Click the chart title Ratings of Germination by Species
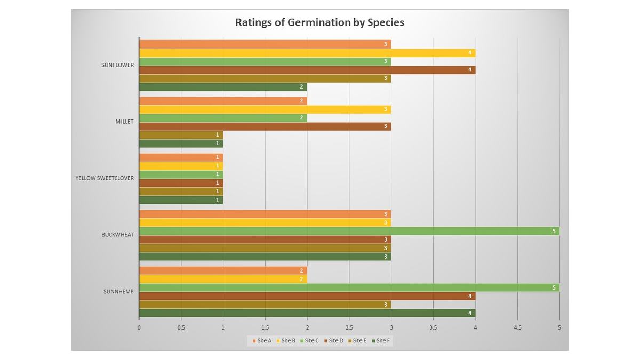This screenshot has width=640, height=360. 319,22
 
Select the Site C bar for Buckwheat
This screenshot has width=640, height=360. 349,231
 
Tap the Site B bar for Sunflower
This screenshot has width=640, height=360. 307,53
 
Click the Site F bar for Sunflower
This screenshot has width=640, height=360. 223,87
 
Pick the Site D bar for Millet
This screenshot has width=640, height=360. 265,126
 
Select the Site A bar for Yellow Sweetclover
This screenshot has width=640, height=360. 181,157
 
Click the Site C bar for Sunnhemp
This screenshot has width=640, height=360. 349,287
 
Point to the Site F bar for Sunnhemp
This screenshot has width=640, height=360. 307,313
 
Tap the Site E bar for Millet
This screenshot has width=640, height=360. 181,134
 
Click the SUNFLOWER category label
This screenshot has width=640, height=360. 118,65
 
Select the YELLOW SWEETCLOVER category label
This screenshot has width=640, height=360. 105,178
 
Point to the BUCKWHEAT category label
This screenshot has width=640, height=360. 118,234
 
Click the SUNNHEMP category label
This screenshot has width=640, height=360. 118,291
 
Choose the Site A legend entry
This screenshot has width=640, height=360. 262,340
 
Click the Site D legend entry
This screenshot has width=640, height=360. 333,340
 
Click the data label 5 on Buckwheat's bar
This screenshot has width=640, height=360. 554,231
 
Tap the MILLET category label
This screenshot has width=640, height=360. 124,121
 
